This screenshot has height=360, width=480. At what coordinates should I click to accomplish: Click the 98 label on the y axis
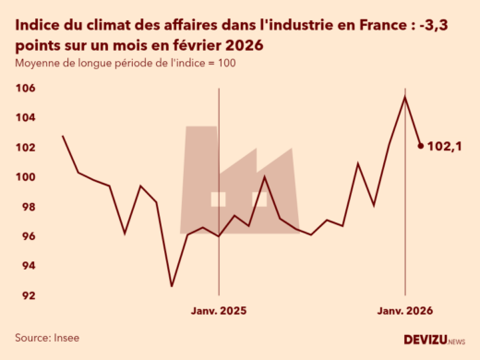28,207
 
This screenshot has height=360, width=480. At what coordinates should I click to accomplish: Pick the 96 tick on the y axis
28,236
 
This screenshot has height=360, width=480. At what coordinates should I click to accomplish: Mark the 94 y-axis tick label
28,266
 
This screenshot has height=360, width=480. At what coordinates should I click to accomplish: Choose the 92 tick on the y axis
28,295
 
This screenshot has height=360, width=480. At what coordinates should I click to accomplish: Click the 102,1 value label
447,146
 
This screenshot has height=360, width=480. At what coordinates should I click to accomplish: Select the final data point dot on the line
421,145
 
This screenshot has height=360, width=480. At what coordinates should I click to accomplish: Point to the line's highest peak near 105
405,97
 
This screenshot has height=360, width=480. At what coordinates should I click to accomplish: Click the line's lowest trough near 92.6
171,286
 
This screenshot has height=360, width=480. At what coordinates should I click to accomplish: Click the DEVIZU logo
434,340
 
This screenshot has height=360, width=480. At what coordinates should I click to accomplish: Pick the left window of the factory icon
218,198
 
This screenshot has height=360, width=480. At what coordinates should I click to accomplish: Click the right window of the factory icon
259,198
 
